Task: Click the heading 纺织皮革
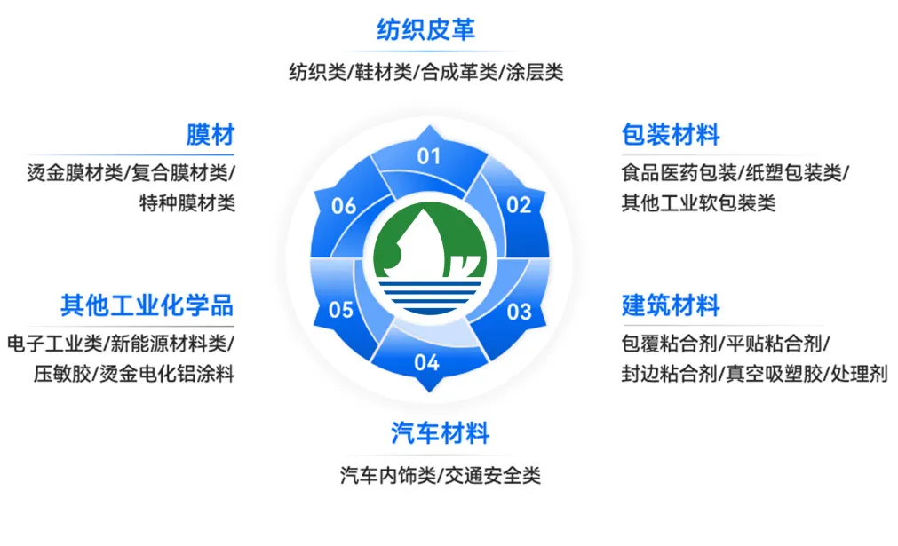pyautogui.click(x=425, y=30)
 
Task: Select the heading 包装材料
pyautogui.click(x=671, y=136)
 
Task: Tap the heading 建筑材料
pyautogui.click(x=671, y=306)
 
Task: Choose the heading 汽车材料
pyautogui.click(x=440, y=434)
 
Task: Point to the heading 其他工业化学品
pyautogui.click(x=147, y=306)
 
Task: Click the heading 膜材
pyautogui.click(x=211, y=136)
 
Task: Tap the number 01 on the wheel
pyautogui.click(x=429, y=157)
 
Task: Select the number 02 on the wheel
pyautogui.click(x=519, y=205)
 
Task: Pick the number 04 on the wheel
pyautogui.click(x=426, y=362)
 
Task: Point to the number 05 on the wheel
pyautogui.click(x=341, y=311)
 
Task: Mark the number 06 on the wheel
pyautogui.click(x=344, y=207)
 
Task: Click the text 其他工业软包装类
pyautogui.click(x=698, y=203)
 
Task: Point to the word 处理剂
pyautogui.click(x=859, y=374)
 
